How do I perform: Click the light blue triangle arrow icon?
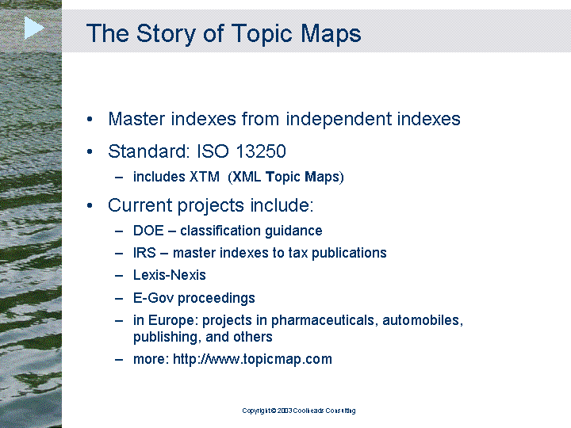pyautogui.click(x=34, y=28)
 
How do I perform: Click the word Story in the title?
pyautogui.click(x=166, y=34)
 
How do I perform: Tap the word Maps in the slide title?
pyautogui.click(x=331, y=34)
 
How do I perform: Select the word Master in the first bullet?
pyautogui.click(x=136, y=119)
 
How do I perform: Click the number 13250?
pyautogui.click(x=261, y=151)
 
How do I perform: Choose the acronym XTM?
pyautogui.click(x=205, y=177)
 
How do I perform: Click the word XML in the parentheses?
pyautogui.click(x=247, y=177)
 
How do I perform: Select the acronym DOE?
pyautogui.click(x=148, y=231)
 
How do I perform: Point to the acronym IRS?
pyautogui.click(x=144, y=253)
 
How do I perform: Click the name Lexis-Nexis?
pyautogui.click(x=170, y=275)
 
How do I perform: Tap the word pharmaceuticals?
pyautogui.click(x=326, y=321)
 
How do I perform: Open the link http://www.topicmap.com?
pyautogui.click(x=252, y=360)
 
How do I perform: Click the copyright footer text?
pyautogui.click(x=299, y=411)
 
